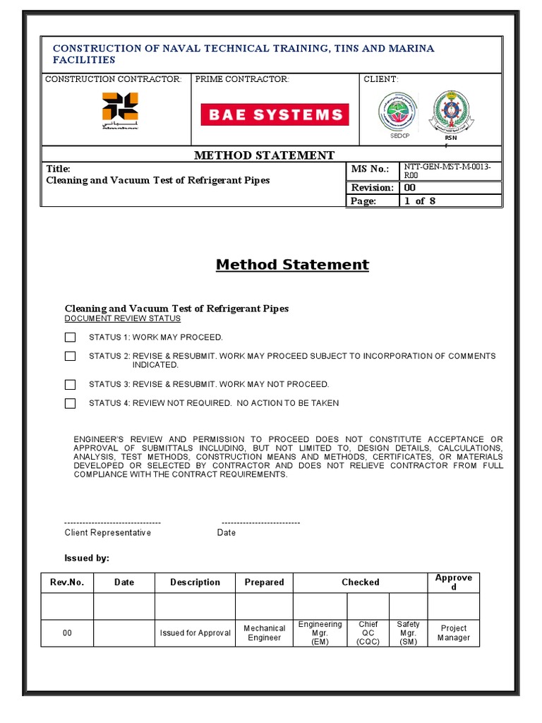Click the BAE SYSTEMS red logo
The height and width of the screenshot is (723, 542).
click(275, 114)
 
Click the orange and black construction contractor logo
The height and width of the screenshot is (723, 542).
click(120, 109)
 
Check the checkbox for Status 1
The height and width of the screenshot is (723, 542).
click(70, 337)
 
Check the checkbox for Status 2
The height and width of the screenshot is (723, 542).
click(70, 357)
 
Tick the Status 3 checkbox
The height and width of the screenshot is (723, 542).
click(70, 385)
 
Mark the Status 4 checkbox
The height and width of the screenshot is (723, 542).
click(70, 404)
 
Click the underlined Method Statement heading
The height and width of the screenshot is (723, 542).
click(292, 265)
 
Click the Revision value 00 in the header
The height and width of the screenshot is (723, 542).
click(409, 188)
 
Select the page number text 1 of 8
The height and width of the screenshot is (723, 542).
click(424, 201)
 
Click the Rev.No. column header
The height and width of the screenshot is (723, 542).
click(67, 582)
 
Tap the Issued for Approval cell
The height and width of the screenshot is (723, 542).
click(195, 633)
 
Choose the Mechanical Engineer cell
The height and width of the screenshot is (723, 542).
click(265, 633)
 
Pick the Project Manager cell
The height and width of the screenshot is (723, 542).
click(454, 633)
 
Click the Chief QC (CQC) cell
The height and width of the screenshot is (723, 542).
click(368, 633)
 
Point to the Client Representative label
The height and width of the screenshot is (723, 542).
click(108, 532)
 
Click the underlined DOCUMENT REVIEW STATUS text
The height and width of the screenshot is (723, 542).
click(123, 318)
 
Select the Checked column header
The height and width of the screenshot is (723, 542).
click(361, 582)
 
